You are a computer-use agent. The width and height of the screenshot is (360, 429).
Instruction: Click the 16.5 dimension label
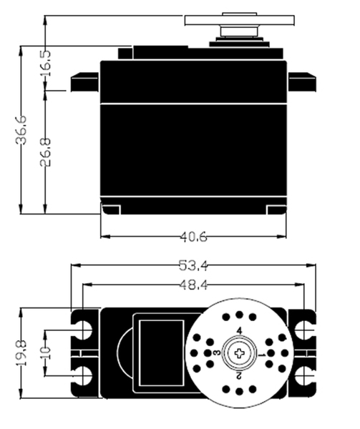(45, 63)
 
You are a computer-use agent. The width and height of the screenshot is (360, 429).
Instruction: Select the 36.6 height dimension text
(21, 130)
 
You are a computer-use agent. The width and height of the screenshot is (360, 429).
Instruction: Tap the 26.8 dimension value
(45, 152)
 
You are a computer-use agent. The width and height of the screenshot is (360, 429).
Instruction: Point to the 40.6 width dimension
(193, 237)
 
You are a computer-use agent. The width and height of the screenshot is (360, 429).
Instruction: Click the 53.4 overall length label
(193, 265)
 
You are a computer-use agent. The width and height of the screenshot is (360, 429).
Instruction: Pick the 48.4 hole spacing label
(193, 285)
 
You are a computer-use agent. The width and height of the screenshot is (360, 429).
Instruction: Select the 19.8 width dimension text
(21, 353)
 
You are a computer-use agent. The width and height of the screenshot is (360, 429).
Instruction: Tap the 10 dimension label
(45, 353)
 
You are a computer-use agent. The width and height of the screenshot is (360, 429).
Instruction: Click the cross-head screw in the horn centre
(239, 353)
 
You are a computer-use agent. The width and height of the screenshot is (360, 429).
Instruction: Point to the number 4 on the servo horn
(239, 331)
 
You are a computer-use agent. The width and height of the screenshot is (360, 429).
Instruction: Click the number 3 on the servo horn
(217, 352)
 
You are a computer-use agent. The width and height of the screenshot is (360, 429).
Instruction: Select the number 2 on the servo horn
(238, 376)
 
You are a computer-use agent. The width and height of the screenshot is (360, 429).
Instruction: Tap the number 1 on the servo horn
(262, 355)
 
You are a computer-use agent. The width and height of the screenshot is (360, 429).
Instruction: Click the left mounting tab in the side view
(84, 82)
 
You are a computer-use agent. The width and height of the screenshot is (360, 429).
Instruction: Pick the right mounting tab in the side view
(302, 82)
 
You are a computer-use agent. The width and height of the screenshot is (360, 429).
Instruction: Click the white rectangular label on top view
(161, 353)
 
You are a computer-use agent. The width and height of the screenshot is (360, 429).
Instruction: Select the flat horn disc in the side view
(239, 21)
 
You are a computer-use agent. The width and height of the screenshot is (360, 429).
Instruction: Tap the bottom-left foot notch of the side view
(111, 209)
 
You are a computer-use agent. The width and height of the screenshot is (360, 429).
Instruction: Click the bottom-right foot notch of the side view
(276, 209)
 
